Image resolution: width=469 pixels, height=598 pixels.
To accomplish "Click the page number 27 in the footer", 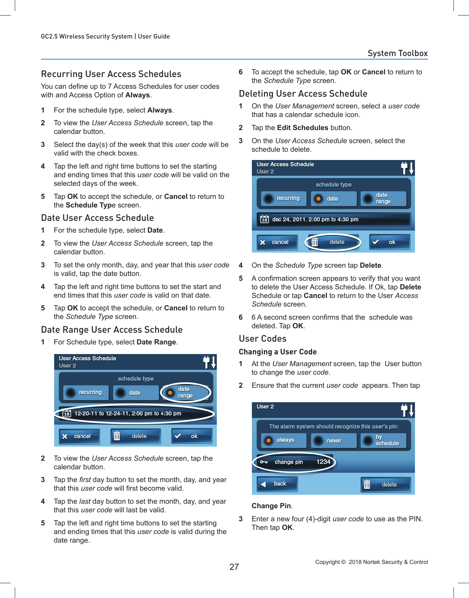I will click(x=234, y=567).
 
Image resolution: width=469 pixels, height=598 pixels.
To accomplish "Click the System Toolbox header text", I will click(x=397, y=53).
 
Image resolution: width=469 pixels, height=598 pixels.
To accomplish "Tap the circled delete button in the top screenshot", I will click(x=333, y=242).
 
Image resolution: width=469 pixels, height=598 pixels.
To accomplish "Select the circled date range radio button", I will click(x=185, y=392).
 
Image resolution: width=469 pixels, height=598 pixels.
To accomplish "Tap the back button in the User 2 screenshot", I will click(x=277, y=484).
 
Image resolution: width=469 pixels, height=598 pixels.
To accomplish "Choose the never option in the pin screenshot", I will click(x=333, y=440).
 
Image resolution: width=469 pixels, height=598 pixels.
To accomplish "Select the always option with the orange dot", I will click(x=283, y=440).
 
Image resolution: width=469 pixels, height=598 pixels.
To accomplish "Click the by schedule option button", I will click(x=383, y=440).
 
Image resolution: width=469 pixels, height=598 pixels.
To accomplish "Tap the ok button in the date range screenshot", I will click(x=192, y=436).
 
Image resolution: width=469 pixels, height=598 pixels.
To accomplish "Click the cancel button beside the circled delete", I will click(x=277, y=242).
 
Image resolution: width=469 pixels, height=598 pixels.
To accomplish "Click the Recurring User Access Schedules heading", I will click(x=111, y=74).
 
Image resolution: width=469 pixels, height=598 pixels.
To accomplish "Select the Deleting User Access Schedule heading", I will click(x=303, y=94).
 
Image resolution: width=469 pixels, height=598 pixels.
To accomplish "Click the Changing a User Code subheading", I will click(x=277, y=352).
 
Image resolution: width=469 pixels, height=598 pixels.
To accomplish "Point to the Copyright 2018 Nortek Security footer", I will click(x=371, y=562).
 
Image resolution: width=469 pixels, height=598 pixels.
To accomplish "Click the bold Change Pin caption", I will click(x=271, y=506).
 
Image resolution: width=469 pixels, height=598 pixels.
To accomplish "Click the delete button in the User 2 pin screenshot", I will click(x=385, y=484).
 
